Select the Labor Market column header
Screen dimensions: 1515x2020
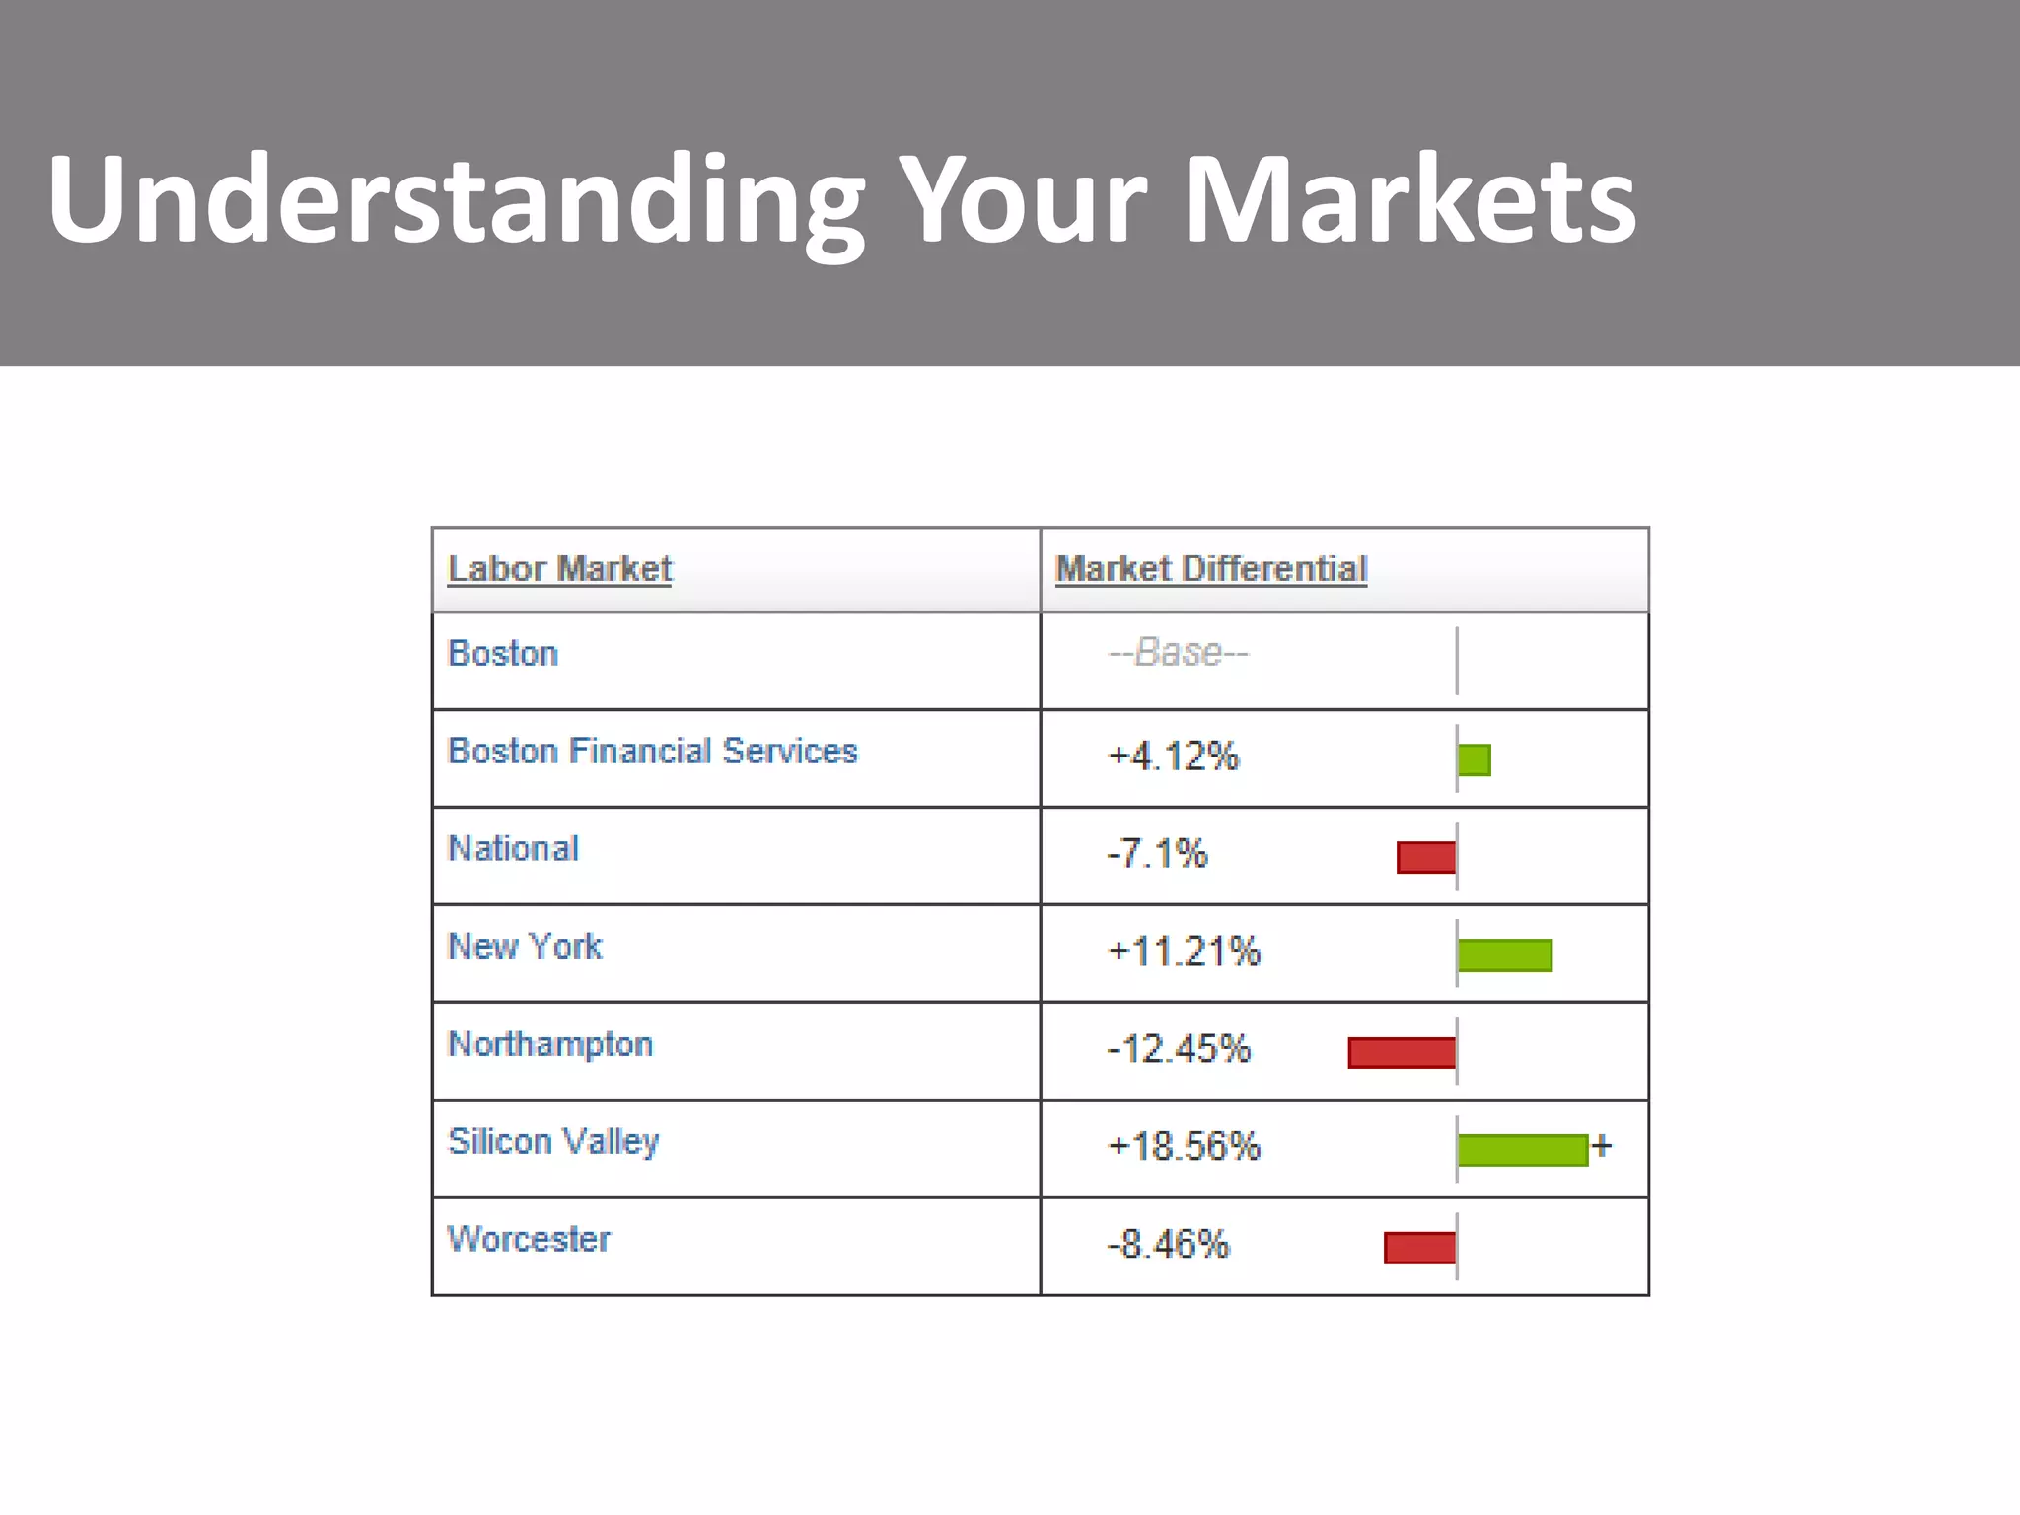click(559, 569)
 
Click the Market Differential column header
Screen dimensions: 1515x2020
click(1211, 569)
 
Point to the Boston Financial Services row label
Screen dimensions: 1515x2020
click(652, 752)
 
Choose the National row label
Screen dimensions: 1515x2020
click(513, 849)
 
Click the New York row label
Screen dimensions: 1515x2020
click(525, 947)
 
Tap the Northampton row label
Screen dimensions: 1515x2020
click(550, 1045)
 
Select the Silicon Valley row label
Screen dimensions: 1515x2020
click(553, 1142)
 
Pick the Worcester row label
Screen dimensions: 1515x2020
click(529, 1240)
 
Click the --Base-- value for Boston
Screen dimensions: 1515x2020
click(1179, 653)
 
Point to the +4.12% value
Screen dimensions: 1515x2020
click(1173, 757)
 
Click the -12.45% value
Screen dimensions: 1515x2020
click(1179, 1049)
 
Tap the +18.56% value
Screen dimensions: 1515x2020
click(1184, 1147)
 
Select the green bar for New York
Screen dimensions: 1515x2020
click(1504, 955)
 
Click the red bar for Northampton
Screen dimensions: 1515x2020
click(1402, 1052)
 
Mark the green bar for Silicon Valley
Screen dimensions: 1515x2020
click(1522, 1150)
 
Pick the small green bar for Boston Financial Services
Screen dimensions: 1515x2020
click(1474, 759)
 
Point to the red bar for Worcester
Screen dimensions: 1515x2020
click(1419, 1248)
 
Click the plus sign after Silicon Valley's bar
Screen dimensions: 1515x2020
click(1602, 1146)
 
